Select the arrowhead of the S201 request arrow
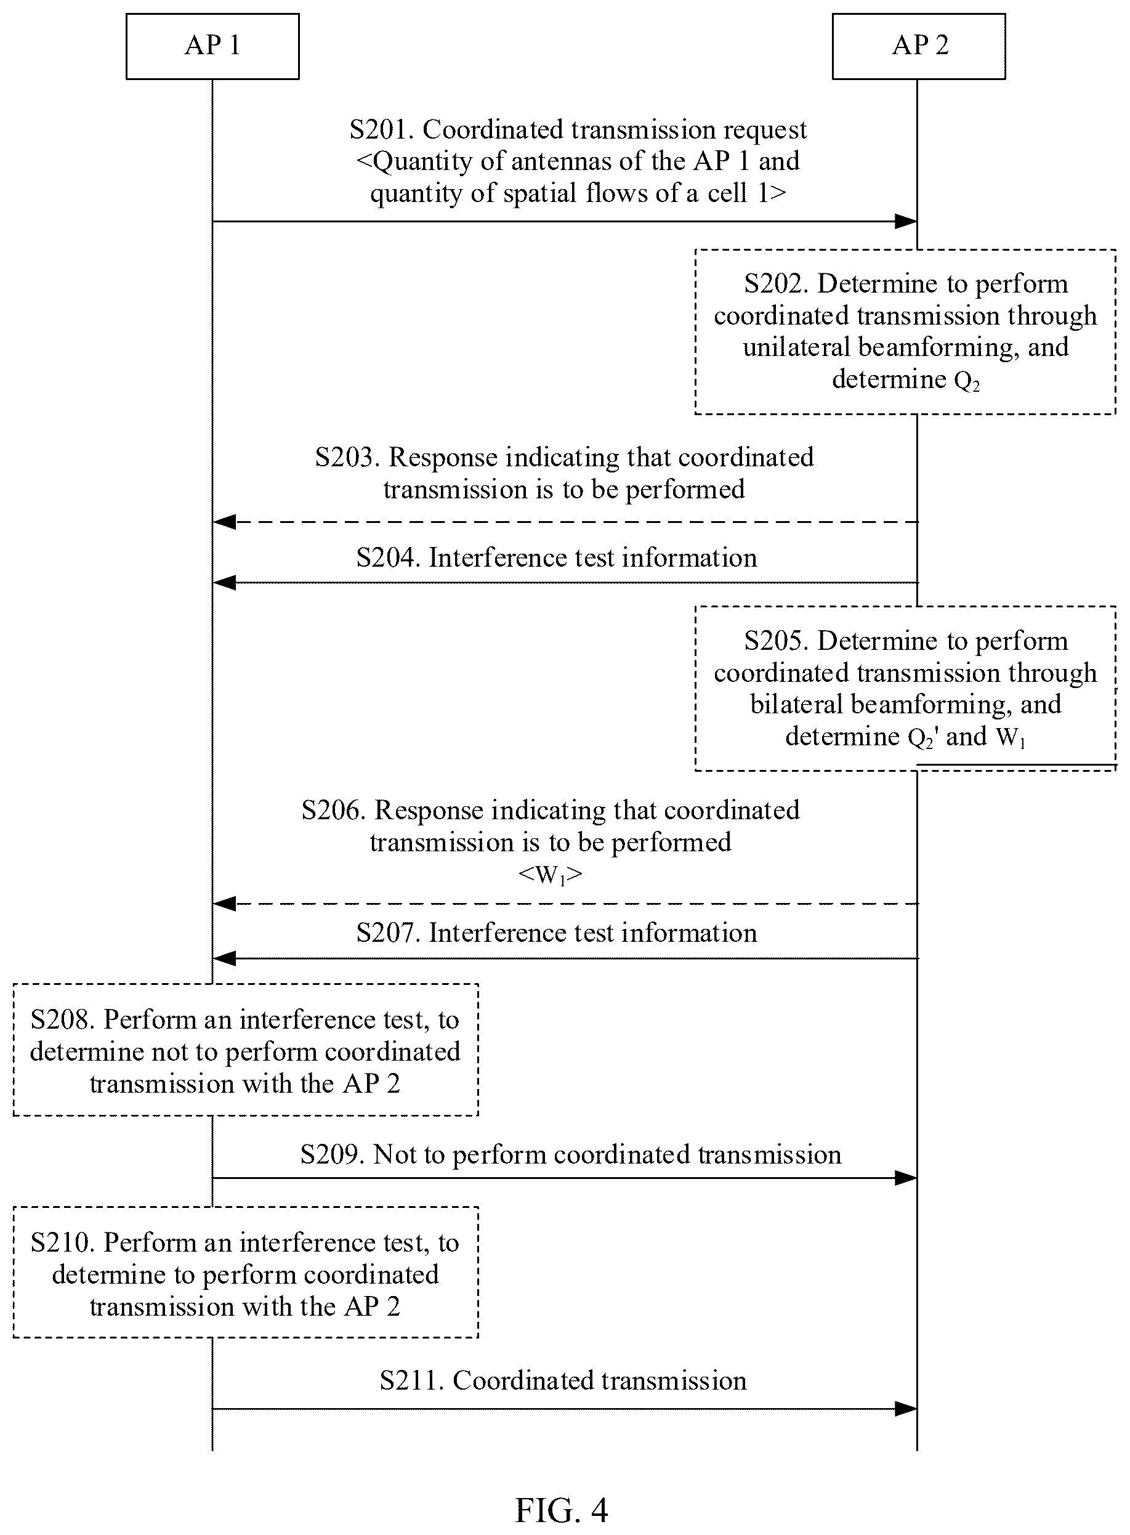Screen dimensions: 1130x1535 click(906, 221)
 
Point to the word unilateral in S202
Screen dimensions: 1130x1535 click(796, 347)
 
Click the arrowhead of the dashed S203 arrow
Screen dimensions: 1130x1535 click(224, 522)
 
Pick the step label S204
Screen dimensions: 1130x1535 click(388, 557)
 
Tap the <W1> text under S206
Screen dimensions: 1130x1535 click(550, 874)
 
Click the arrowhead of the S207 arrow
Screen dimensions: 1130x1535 click(224, 958)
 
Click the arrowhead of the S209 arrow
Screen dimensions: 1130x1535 click(906, 1178)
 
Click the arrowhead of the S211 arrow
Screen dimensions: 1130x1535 click(906, 1409)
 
